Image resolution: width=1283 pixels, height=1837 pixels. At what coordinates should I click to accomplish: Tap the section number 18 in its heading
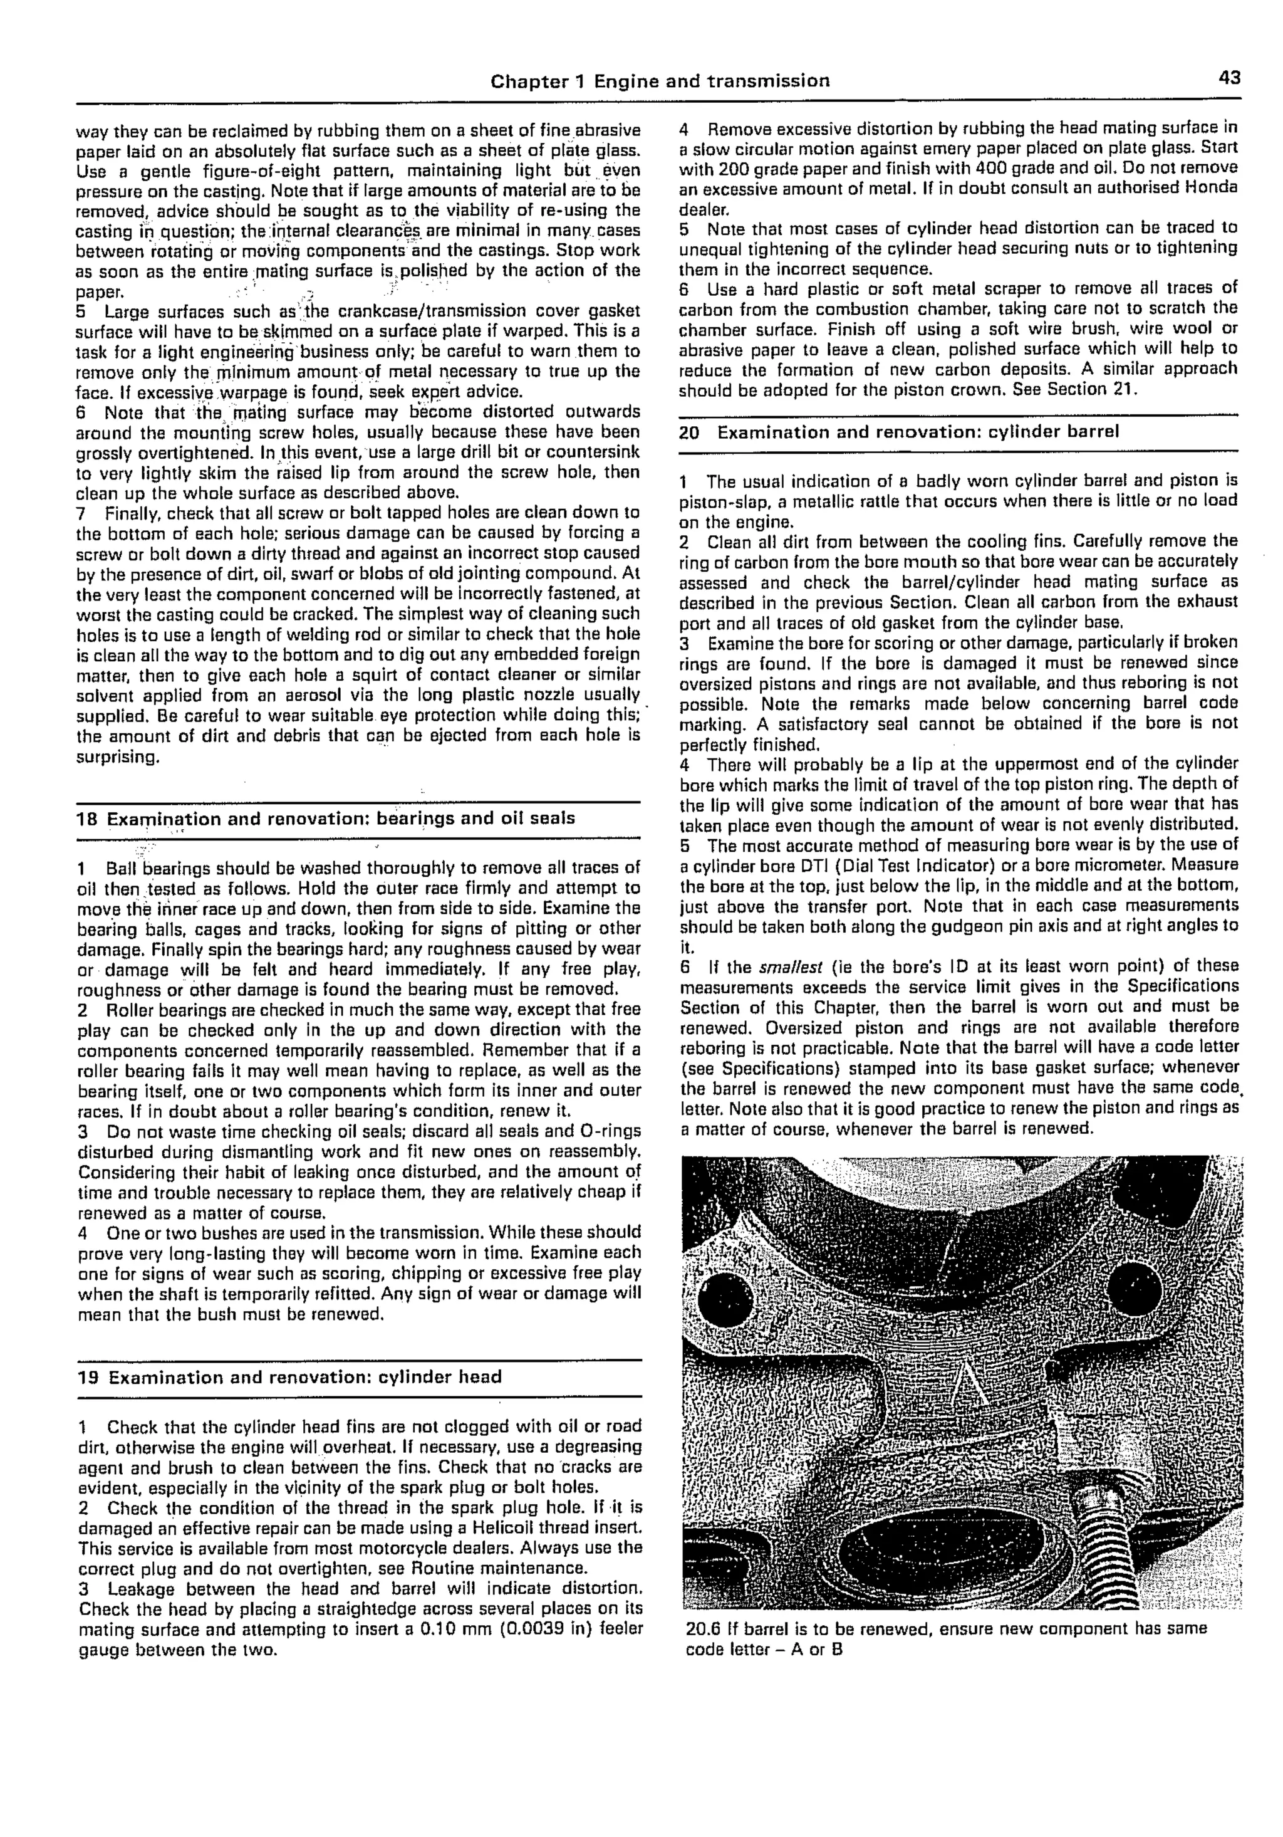pyautogui.click(x=86, y=819)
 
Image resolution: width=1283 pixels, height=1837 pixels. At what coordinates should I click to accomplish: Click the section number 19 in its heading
pyautogui.click(x=87, y=1377)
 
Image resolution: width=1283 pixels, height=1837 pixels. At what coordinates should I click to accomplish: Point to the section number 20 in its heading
pyautogui.click(x=690, y=433)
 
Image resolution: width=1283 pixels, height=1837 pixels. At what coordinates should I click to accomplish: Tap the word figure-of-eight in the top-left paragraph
pyautogui.click(x=221, y=171)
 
